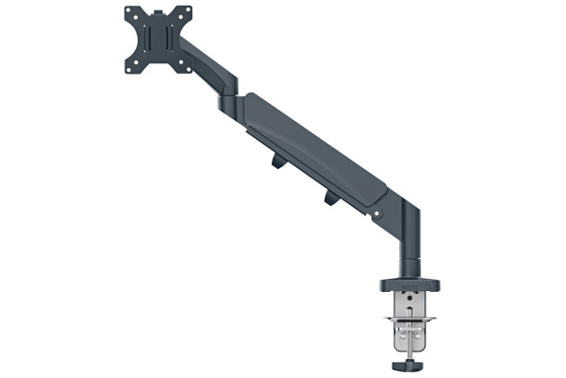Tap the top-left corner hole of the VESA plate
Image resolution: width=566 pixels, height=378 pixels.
point(130,12)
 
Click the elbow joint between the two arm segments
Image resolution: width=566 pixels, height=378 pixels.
point(231,96)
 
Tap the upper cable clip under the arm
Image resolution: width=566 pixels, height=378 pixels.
point(277,162)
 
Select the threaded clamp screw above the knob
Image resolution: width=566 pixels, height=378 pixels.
point(409,342)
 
